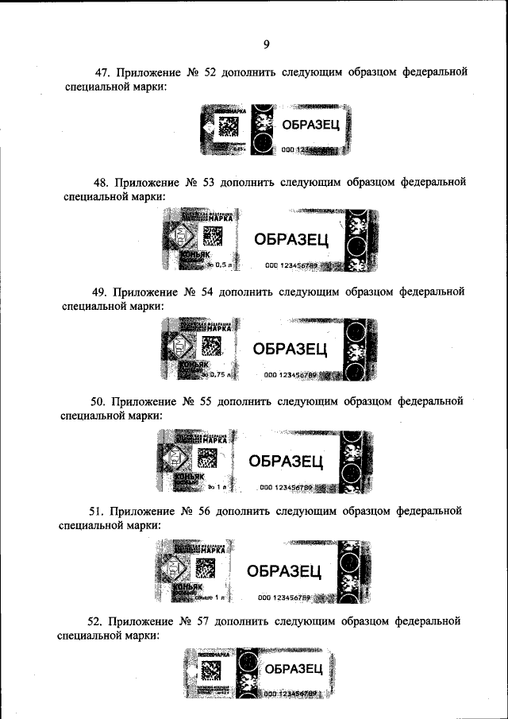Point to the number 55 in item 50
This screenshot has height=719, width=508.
210,401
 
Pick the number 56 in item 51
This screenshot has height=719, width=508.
210,511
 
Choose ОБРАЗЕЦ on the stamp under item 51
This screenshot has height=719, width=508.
284,570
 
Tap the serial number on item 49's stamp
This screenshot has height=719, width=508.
291,375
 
